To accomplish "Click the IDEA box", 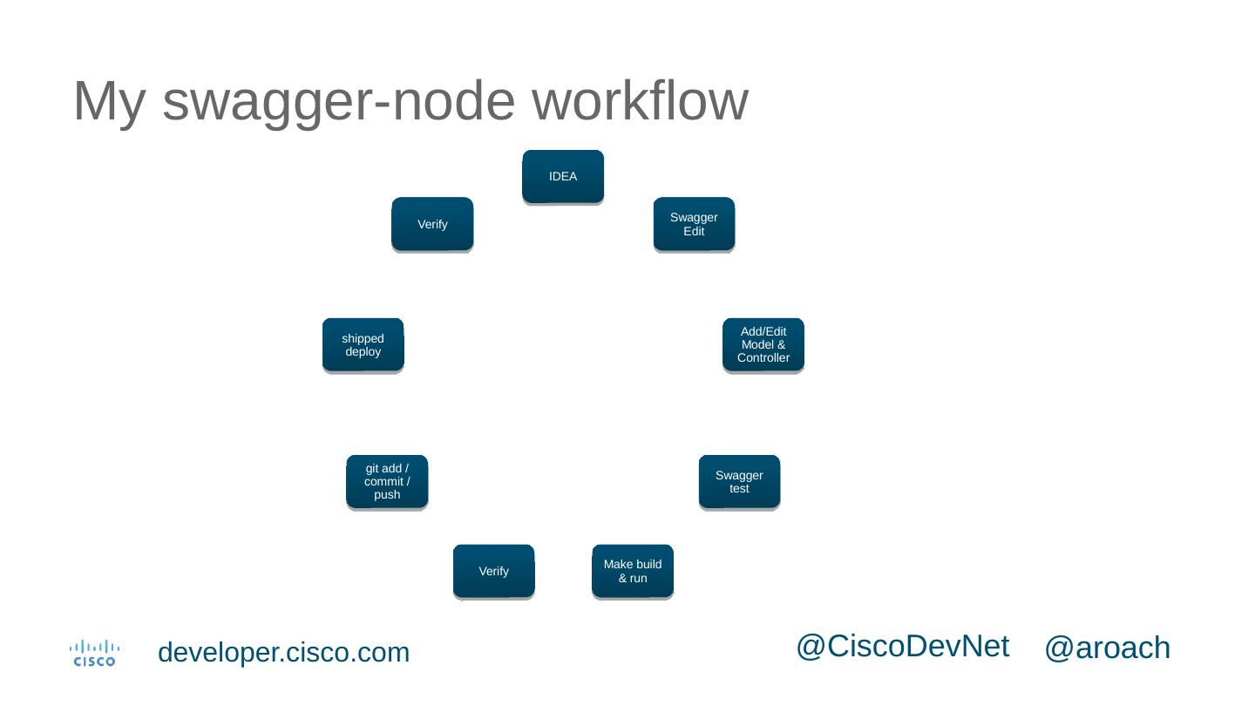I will tap(563, 177).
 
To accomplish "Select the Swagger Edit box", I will tap(694, 224).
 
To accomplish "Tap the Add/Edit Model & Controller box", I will tap(763, 345).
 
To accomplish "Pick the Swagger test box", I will tap(739, 481).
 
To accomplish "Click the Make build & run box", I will tap(633, 571).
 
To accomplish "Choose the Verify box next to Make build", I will tap(493, 571).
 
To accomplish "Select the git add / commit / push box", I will tap(387, 481).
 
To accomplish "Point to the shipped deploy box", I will tap(363, 345).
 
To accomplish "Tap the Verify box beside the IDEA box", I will tap(432, 224).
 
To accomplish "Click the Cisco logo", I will tap(94, 653).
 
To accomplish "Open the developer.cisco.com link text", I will tap(283, 653).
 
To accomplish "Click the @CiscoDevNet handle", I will tap(902, 647).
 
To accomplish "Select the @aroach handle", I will tap(1107, 648).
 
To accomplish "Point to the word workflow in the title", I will tap(640, 102).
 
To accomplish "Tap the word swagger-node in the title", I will tap(339, 102).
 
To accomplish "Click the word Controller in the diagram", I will tap(763, 358).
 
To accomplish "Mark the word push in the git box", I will tap(387, 495).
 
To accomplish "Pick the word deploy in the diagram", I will tap(363, 352).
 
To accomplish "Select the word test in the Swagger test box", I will tap(739, 489).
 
